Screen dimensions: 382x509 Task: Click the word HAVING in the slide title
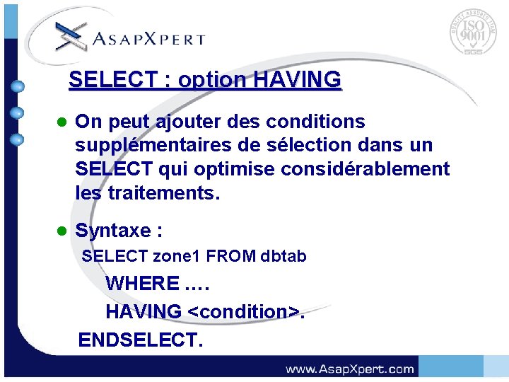pyautogui.click(x=297, y=80)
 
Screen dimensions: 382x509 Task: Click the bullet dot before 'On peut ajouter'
pyautogui.click(x=62, y=122)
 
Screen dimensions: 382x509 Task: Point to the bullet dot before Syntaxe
pyautogui.click(x=62, y=231)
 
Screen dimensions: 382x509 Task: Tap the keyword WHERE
pyautogui.click(x=143, y=284)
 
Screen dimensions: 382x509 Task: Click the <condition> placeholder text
pyautogui.click(x=243, y=311)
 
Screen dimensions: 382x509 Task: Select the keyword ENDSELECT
pyautogui.click(x=140, y=340)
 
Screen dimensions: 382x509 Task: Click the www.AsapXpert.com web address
pyautogui.click(x=349, y=369)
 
